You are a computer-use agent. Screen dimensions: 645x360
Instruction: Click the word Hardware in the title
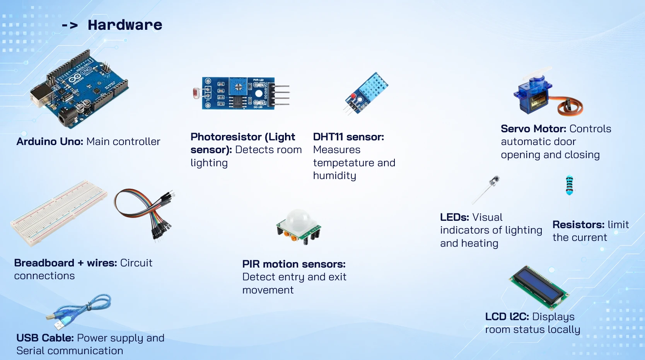click(125, 25)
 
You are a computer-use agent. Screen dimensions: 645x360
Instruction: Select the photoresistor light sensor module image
click(241, 93)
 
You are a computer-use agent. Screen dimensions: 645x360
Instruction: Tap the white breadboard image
click(59, 213)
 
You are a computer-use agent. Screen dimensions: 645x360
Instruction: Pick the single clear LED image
click(486, 190)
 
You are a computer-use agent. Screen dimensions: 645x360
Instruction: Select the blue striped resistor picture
click(569, 185)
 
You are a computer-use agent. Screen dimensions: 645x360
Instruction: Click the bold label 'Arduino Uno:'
click(50, 142)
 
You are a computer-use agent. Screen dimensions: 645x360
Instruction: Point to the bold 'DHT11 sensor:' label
click(348, 137)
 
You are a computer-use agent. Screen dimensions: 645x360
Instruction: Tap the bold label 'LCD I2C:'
click(507, 317)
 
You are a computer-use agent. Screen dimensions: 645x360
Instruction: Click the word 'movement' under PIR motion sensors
click(268, 290)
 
